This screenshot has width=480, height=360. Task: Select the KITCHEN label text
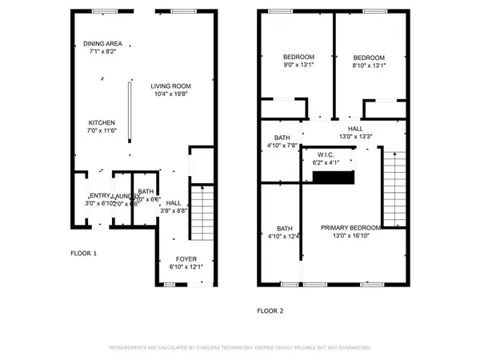pyautogui.click(x=102, y=122)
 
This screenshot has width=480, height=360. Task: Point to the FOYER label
pyautogui.click(x=186, y=258)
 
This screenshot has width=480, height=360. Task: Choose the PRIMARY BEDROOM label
pyautogui.click(x=350, y=227)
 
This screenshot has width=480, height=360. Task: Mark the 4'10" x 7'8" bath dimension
pyautogui.click(x=282, y=146)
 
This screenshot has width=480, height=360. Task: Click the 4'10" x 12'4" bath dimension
pyautogui.click(x=282, y=235)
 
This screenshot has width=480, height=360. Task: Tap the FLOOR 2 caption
pyautogui.click(x=270, y=310)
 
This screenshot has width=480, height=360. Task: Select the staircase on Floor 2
pyautogui.click(x=394, y=184)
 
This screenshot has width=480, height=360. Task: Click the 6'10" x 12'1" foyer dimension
pyautogui.click(x=186, y=266)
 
